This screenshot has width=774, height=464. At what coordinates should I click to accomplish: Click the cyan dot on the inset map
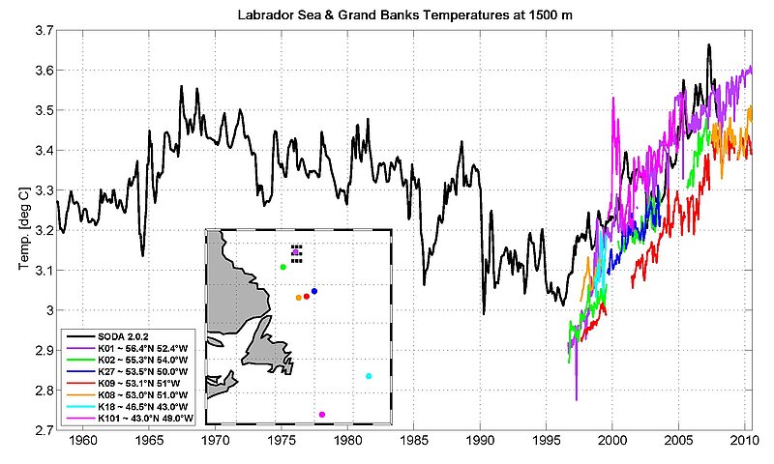pos(369,376)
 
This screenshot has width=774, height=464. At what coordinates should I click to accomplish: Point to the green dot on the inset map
pos(283,267)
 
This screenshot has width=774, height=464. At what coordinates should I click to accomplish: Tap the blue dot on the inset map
pos(314,291)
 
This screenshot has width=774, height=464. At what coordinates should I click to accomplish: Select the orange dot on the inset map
pos(298,298)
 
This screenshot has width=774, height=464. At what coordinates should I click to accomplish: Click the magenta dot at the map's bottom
pos(321,415)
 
